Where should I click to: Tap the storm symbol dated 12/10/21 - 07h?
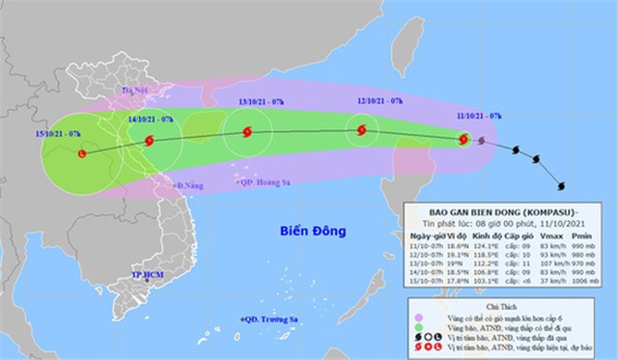tap(361, 130)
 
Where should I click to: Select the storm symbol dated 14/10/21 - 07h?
tap(149, 141)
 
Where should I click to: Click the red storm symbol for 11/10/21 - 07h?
tap(464, 140)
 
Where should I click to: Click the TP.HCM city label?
tap(149, 277)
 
